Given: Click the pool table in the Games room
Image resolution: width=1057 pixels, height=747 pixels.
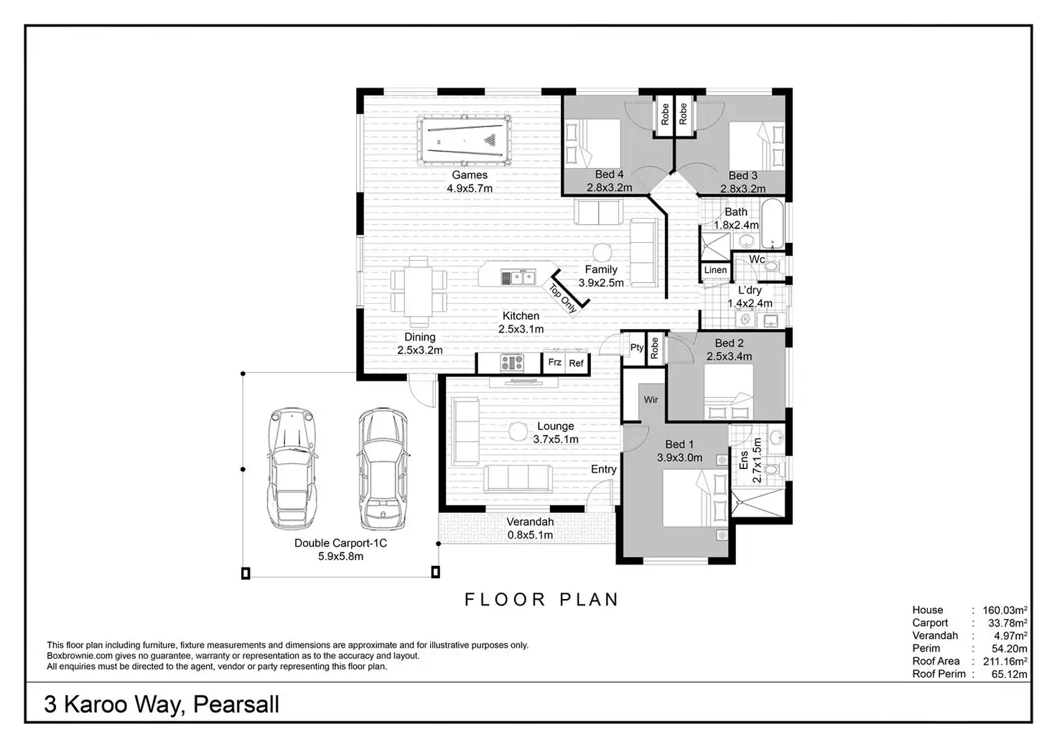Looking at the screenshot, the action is (465, 140).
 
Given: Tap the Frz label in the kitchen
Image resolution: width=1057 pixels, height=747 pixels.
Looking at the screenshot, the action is (554, 362).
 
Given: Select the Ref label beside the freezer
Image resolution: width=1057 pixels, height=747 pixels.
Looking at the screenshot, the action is (576, 363).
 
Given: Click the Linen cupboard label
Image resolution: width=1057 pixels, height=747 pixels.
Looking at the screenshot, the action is (715, 270).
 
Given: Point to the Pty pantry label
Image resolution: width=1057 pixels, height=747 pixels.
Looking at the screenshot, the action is (636, 348).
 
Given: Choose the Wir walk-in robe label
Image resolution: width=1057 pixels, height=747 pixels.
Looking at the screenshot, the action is (651, 399).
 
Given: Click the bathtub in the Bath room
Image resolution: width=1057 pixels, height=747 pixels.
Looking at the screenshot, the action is (773, 223).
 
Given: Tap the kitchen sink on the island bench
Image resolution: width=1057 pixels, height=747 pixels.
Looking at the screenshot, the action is (518, 277).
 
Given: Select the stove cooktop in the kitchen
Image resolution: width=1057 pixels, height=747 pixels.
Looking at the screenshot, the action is (512, 363).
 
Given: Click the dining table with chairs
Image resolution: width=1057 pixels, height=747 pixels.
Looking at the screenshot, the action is (419, 292).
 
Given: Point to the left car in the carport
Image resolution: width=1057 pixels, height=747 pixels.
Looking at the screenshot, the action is (292, 468).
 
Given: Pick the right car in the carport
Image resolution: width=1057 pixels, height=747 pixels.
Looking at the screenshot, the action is (383, 468).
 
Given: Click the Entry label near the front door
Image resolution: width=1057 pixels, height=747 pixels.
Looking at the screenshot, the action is (603, 469).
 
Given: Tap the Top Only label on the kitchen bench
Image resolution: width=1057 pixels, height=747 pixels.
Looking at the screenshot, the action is (563, 298).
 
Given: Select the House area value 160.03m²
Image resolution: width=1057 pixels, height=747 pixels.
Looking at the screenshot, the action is (1005, 610).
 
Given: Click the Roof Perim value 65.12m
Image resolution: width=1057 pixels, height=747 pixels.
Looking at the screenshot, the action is (1009, 674).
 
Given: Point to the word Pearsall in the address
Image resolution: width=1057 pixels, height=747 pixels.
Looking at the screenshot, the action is (236, 704).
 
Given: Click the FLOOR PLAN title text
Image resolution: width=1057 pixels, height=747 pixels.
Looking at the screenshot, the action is (541, 600).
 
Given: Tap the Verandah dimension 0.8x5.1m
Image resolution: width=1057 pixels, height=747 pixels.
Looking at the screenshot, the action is (530, 535).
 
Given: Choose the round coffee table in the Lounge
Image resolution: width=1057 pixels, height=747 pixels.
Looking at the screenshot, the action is (518, 431).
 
